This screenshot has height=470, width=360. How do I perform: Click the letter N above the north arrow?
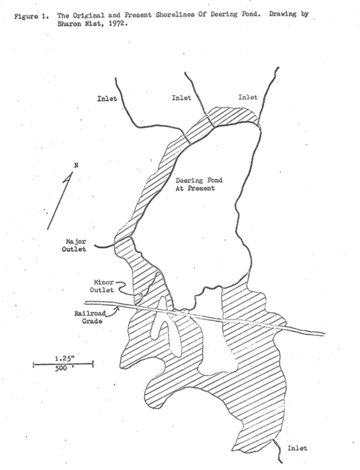pyautogui.click(x=76, y=166)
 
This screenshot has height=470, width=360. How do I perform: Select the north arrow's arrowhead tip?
pyautogui.click(x=72, y=173)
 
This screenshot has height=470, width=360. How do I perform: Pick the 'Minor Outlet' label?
pyautogui.click(x=102, y=286)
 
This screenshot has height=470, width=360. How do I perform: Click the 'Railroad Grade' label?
pyautogui.click(x=91, y=318)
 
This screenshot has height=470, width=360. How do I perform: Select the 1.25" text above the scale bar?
pyautogui.click(x=63, y=358)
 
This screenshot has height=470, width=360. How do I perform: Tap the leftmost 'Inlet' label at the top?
pyautogui.click(x=107, y=98)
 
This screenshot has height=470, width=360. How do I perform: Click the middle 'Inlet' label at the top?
pyautogui.click(x=181, y=97)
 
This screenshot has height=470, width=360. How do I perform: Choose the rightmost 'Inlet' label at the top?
pyautogui.click(x=248, y=97)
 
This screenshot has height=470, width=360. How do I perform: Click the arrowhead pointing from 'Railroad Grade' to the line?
pyautogui.click(x=118, y=308)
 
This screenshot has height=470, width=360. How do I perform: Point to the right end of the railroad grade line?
pyautogui.click(x=324, y=334)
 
